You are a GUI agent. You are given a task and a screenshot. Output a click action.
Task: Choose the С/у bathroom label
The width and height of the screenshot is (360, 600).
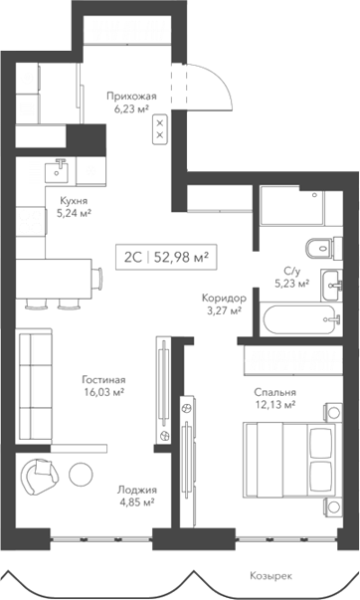pos(291,270)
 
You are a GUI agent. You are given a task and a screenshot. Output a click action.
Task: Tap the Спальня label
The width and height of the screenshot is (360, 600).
pos(272,392)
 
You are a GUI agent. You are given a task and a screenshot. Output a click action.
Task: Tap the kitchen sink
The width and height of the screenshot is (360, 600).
pos(59,166)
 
